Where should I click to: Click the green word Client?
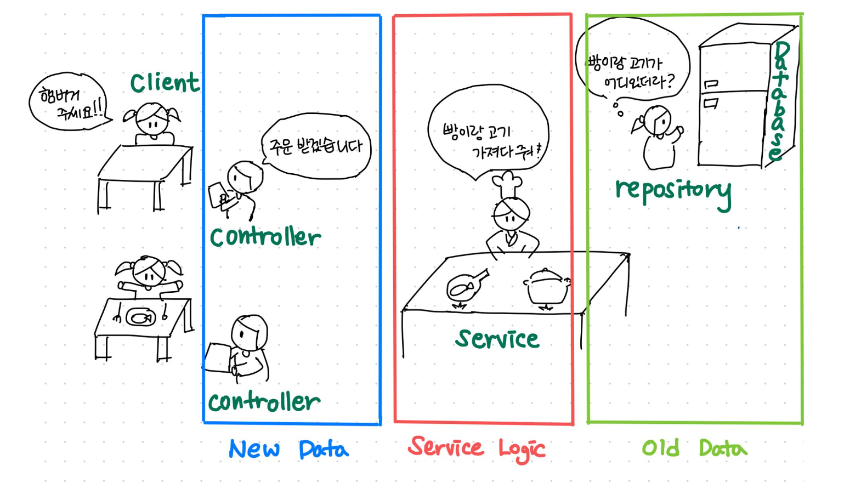165,83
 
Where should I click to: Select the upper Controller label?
265,237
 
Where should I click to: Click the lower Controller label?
264,402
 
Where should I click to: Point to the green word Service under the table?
497,339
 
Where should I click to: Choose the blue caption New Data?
288,450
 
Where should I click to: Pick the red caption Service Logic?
476,449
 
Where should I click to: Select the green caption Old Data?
694,448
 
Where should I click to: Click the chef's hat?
507,183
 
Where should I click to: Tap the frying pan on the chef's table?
465,286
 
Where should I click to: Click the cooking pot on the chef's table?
547,286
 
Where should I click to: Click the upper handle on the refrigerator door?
711,84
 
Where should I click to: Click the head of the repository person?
658,120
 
